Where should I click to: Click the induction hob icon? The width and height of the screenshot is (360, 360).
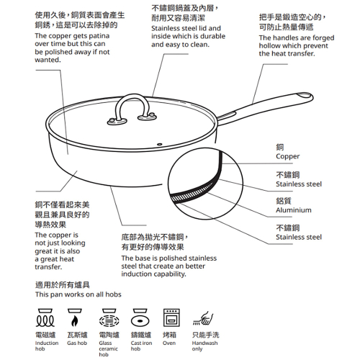pos(46,318)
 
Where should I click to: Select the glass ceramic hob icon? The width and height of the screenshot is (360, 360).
pos(109,318)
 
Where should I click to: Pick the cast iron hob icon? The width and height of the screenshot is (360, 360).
pos(140,318)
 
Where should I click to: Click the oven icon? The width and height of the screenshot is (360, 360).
pos(171,318)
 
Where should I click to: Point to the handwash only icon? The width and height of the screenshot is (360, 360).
pos(204,318)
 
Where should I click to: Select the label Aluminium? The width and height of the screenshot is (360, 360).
pos(294,210)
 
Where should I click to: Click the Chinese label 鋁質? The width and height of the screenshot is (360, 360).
pos(284,202)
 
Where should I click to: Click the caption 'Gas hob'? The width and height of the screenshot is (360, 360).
pos(77,343)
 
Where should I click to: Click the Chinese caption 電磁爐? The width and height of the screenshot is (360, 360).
pos(46,335)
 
